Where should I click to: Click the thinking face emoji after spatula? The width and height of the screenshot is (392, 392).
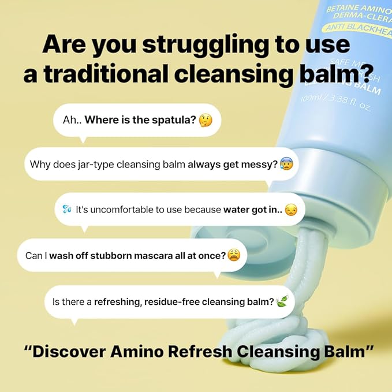205,121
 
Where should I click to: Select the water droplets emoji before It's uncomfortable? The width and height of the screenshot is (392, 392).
67,210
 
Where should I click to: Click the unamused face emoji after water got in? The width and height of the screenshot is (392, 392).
291,210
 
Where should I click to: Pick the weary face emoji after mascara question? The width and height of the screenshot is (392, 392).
233,255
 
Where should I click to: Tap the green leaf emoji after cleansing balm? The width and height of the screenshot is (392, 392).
282,301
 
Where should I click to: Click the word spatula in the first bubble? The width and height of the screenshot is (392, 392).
173,121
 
